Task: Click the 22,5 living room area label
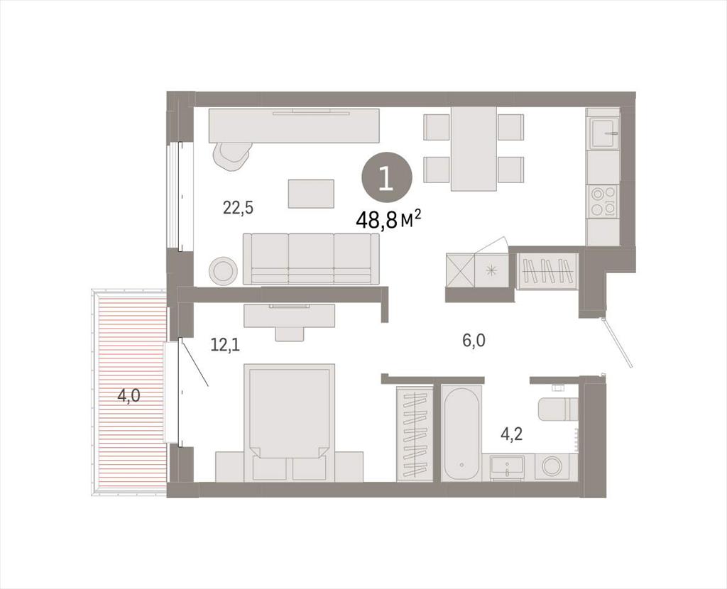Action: click(238, 207)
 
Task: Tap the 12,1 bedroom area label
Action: click(225, 345)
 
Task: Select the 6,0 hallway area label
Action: click(474, 341)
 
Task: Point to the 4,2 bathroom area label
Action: click(511, 434)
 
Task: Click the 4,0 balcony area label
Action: click(129, 396)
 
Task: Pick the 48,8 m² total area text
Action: click(388, 219)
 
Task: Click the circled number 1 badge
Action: click(387, 180)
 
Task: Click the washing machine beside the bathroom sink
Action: click(554, 467)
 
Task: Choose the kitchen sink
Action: click(603, 133)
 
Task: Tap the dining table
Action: click(474, 148)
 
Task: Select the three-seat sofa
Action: click(311, 258)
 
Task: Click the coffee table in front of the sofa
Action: click(311, 194)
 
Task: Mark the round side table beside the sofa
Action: click(223, 270)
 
